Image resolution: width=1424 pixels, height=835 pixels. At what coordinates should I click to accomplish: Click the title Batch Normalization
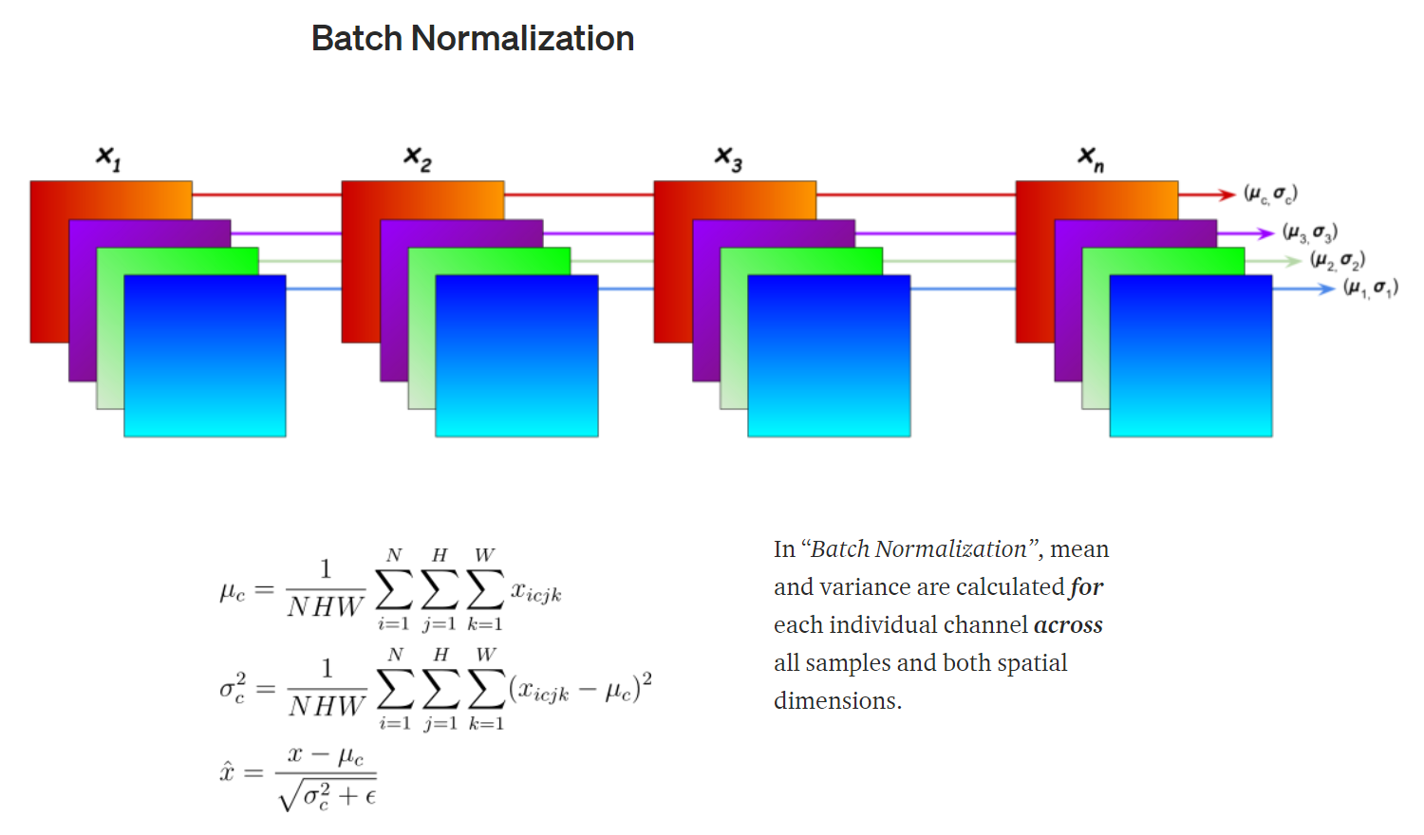473,39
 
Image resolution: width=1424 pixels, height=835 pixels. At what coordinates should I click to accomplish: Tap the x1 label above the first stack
108,158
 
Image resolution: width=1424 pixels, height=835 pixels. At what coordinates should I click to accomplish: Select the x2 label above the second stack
418,158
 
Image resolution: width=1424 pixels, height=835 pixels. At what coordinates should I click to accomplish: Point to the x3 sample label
729,158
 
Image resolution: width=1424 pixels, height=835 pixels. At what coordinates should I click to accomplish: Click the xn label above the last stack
1091,158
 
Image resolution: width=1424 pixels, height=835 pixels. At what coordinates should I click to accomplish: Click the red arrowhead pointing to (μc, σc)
1227,195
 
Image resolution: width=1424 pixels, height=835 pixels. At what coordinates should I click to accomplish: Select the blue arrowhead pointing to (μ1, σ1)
1326,288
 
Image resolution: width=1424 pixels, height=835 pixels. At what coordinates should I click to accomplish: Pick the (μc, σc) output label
1270,195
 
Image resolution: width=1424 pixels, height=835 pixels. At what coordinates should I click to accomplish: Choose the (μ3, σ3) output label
1309,232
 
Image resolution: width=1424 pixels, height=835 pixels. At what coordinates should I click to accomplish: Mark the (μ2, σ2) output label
1338,260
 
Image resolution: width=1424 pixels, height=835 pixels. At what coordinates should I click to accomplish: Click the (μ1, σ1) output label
1370,288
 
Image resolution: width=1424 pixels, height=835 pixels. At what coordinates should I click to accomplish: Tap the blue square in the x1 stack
205,356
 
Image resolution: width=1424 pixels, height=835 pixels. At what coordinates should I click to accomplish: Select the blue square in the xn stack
1190,356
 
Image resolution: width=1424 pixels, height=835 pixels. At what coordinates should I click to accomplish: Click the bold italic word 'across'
1068,625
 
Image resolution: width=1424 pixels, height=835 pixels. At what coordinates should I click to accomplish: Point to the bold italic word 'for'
1086,587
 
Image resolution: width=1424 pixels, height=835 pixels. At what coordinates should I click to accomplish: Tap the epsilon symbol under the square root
370,797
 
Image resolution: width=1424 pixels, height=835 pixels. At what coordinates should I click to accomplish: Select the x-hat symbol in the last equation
227,771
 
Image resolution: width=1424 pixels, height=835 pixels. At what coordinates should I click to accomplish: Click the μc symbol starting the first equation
232,593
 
